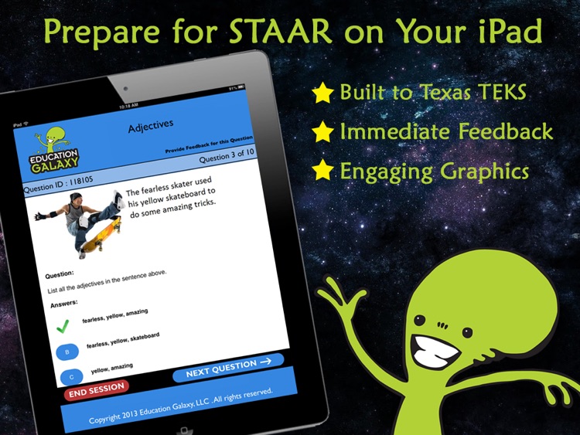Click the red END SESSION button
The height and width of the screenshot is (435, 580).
tap(97, 391)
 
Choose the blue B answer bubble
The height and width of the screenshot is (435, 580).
tap(67, 352)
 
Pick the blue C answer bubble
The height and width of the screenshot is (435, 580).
tap(71, 376)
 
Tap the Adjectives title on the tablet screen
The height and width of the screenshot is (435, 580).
tap(151, 126)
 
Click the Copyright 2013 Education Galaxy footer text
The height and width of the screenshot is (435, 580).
tap(182, 406)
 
